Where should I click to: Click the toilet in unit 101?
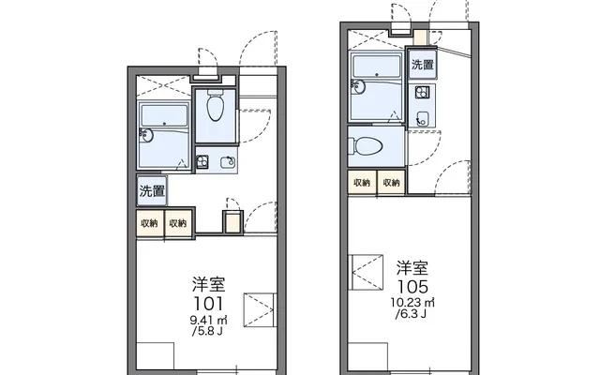click(216, 106)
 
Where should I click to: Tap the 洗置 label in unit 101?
click(152, 190)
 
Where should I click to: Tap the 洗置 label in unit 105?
click(423, 65)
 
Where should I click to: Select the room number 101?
click(208, 304)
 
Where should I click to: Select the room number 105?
click(412, 286)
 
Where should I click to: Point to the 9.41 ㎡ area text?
click(208, 320)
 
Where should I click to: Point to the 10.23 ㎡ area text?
click(412, 303)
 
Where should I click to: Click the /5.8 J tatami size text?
click(207, 331)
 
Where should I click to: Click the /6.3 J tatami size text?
click(411, 314)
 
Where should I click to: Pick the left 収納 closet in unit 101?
click(150, 223)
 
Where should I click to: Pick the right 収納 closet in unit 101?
click(178, 223)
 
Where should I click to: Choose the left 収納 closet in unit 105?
click(362, 183)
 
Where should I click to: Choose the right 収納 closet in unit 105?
click(391, 183)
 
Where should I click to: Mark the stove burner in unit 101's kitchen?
click(202, 162)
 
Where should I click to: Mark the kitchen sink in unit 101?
click(228, 162)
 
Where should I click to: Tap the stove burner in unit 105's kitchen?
click(423, 92)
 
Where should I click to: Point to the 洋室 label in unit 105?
click(412, 268)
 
